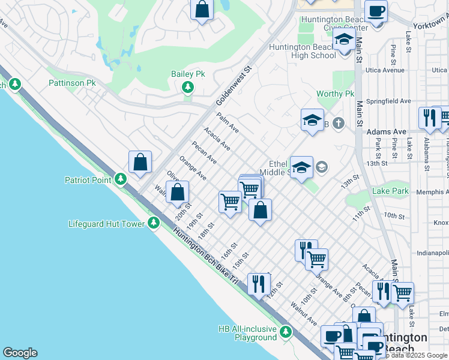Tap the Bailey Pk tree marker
coord(188,88)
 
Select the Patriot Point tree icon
coord(121,179)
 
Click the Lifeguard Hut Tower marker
coord(154,224)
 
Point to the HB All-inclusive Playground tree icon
coord(286,332)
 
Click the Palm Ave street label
coord(228,122)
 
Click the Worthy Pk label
coord(336,94)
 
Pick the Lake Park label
coord(390,191)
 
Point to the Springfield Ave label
coord(389,101)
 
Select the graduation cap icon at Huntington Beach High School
coord(344,41)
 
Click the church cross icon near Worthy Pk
coord(339,124)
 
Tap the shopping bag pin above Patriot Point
coord(140,162)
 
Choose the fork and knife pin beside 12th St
coord(259,284)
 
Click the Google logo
coord(20,353)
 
